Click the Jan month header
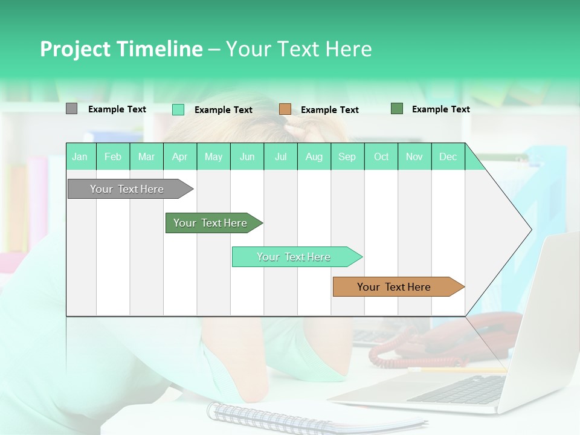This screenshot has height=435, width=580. coord(80,156)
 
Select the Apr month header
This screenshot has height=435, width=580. coord(180,156)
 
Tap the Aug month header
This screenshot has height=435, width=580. coord(314,156)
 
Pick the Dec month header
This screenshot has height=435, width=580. coord(448,156)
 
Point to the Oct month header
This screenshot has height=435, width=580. coord(381,156)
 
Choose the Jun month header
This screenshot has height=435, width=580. coord(247,156)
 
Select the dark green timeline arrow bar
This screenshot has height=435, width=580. coord(211,223)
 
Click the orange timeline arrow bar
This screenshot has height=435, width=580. coord(396,287)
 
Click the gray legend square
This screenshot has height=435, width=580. coord(71,109)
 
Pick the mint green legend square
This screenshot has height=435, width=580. coord(178,109)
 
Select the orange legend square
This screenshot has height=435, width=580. coord(285,109)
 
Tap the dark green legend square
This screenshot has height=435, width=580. coord(397,109)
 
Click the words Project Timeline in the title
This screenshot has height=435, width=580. coord(121,49)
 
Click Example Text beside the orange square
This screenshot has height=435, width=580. coord(329,110)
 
